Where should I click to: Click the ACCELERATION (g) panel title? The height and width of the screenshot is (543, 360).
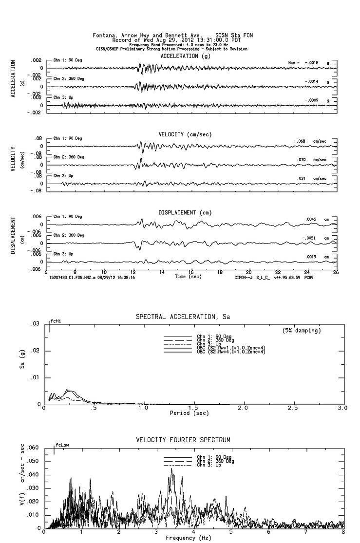coord(186,56)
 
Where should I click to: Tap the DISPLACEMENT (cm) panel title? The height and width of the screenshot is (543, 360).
coord(185,212)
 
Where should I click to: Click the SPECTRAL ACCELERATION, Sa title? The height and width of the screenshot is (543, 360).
coord(183,317)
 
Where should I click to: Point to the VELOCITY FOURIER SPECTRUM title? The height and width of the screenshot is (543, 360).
coord(183,440)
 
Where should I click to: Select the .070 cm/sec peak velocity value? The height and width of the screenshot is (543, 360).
coord(302,160)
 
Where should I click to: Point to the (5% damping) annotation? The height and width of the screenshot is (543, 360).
coord(302,331)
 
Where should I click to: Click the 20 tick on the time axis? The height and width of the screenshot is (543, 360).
coord(249,272)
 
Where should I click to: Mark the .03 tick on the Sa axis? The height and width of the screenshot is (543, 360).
coord(35,324)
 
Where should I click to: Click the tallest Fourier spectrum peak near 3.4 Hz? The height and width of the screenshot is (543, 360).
coord(171,469)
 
